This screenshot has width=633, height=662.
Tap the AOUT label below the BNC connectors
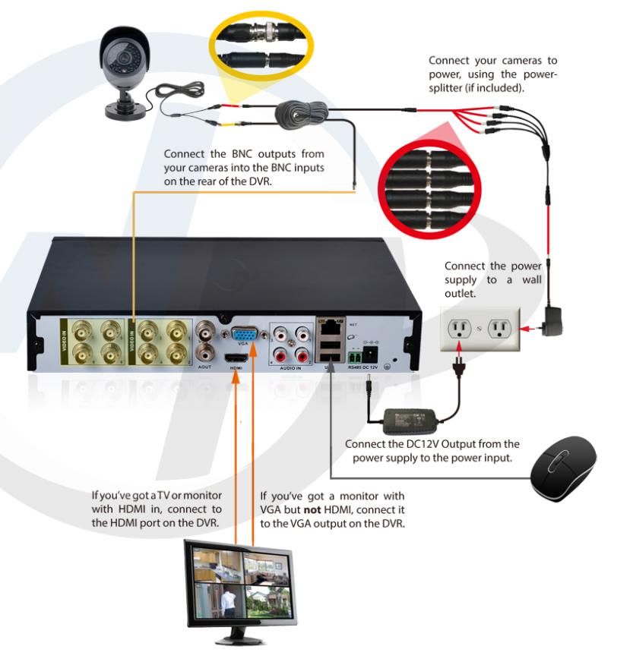(x=204, y=365)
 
